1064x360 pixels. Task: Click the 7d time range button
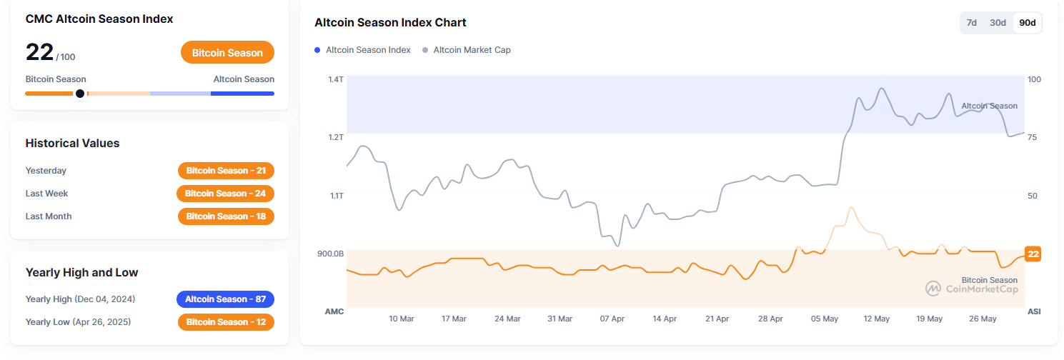(972, 23)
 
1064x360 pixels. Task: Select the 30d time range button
(998, 23)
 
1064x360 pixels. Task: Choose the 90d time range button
(1028, 23)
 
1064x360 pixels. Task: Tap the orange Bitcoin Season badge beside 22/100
(227, 53)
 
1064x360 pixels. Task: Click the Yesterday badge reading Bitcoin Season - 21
(226, 171)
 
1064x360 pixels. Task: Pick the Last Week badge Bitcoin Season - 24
(225, 194)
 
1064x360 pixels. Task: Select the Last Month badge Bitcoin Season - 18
(226, 216)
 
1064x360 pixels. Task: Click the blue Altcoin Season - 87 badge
(225, 299)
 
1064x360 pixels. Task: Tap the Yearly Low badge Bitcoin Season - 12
(226, 322)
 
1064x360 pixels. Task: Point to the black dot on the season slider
(80, 94)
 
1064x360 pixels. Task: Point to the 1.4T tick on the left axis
(336, 79)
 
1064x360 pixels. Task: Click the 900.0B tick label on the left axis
(330, 254)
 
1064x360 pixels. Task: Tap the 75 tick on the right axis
(1033, 137)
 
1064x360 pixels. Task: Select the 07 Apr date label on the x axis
(612, 319)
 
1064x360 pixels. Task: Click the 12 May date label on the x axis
(876, 319)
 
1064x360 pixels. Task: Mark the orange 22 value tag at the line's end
(1033, 254)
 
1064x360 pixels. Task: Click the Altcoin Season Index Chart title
(390, 23)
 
